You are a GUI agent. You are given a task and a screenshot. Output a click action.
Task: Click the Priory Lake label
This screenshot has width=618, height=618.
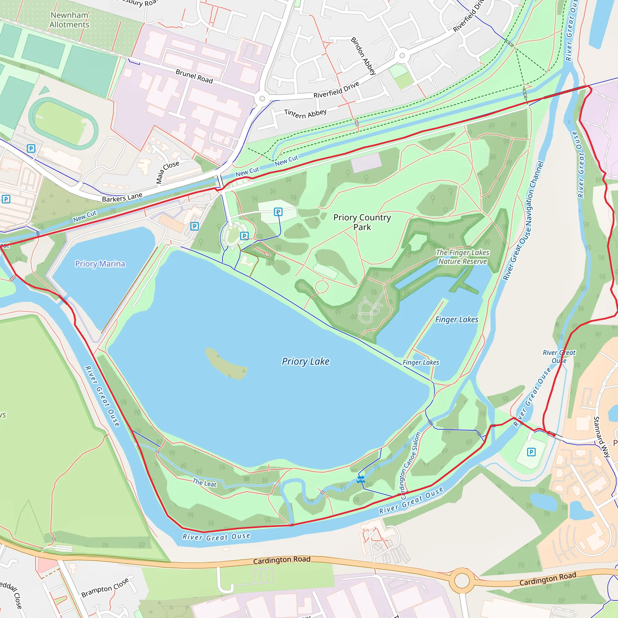pos(305,362)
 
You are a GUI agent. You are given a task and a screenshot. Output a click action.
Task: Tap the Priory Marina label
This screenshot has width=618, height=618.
pos(100,264)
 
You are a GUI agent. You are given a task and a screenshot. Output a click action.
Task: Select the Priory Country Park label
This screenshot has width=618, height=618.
pos(362,222)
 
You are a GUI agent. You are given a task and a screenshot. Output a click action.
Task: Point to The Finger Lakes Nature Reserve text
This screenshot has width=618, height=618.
pos(462,257)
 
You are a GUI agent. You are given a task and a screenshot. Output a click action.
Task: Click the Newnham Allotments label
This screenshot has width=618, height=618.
pos(69,20)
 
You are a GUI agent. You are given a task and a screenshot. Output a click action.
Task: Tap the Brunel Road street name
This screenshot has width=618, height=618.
pos(194,76)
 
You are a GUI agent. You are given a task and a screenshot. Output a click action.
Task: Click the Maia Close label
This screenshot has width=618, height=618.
pos(167,172)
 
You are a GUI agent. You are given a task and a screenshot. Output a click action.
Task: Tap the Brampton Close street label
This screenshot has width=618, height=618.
pos(105,587)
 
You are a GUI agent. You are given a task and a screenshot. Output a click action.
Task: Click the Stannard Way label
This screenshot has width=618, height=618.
pos(602,437)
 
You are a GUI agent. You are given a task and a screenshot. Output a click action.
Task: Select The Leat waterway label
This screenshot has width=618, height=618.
pos(204,483)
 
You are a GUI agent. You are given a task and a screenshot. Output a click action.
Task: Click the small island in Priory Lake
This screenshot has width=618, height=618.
pos(225,364)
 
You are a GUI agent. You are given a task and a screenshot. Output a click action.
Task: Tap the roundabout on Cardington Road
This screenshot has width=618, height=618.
pos(462,580)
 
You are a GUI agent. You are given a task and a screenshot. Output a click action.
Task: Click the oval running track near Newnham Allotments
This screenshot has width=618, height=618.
pos(63,123)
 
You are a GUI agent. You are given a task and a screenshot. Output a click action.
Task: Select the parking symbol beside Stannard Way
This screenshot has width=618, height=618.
pos(531,452)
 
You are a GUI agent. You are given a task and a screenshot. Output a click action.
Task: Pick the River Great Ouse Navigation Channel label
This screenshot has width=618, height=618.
pos(523,221)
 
